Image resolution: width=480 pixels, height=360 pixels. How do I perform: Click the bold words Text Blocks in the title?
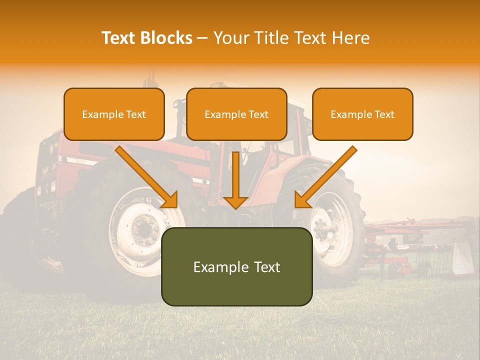147,38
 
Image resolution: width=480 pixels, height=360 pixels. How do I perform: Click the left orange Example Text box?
114,114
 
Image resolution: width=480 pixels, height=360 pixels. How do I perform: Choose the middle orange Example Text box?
236,114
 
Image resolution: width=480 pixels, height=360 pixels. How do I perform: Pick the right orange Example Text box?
362,114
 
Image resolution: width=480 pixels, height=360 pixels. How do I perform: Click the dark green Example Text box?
236,266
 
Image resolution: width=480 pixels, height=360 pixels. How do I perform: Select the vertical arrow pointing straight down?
235,180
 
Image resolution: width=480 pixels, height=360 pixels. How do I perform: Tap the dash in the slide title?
202,38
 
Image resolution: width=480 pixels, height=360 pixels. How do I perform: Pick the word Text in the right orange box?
384,114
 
